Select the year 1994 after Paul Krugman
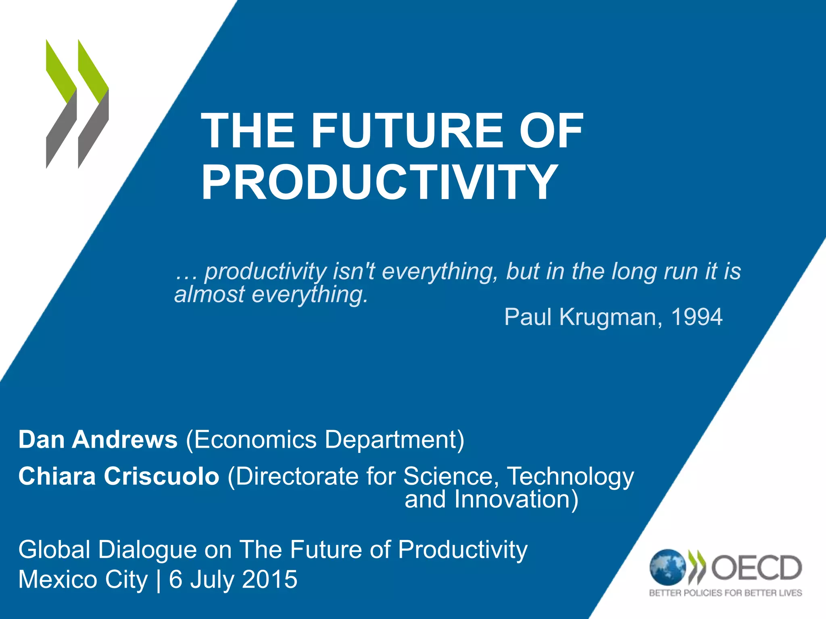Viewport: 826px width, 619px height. click(x=697, y=317)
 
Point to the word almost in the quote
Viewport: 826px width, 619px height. click(x=209, y=294)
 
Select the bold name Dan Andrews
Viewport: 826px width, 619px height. click(x=98, y=439)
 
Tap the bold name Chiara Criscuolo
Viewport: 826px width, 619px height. click(x=119, y=476)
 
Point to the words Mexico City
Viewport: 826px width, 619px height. click(x=83, y=580)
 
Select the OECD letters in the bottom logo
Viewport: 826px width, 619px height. click(x=756, y=567)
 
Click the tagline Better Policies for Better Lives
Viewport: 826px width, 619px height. click(x=725, y=593)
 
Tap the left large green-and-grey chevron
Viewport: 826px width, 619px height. click(x=61, y=104)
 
